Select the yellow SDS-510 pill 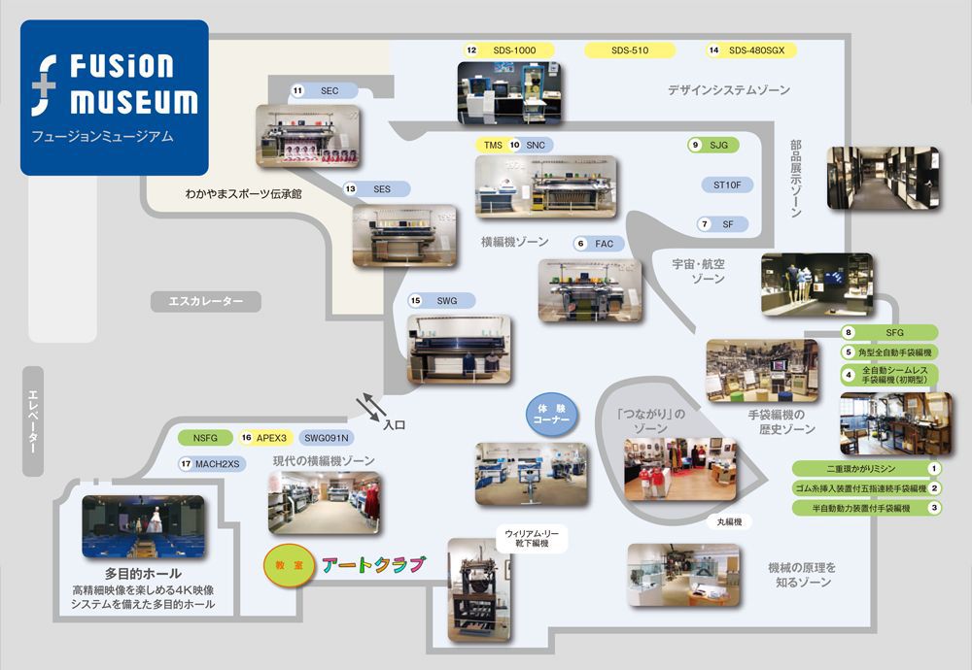tap(630, 50)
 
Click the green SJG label tap(718, 145)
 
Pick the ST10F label tap(727, 184)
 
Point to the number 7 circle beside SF tap(704, 224)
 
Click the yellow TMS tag tap(493, 145)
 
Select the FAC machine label tap(604, 244)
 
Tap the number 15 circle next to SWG tap(416, 301)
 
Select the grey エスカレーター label tap(206, 302)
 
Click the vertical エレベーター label tap(32, 420)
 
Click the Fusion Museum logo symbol tap(47, 84)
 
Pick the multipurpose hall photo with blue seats tap(143, 526)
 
